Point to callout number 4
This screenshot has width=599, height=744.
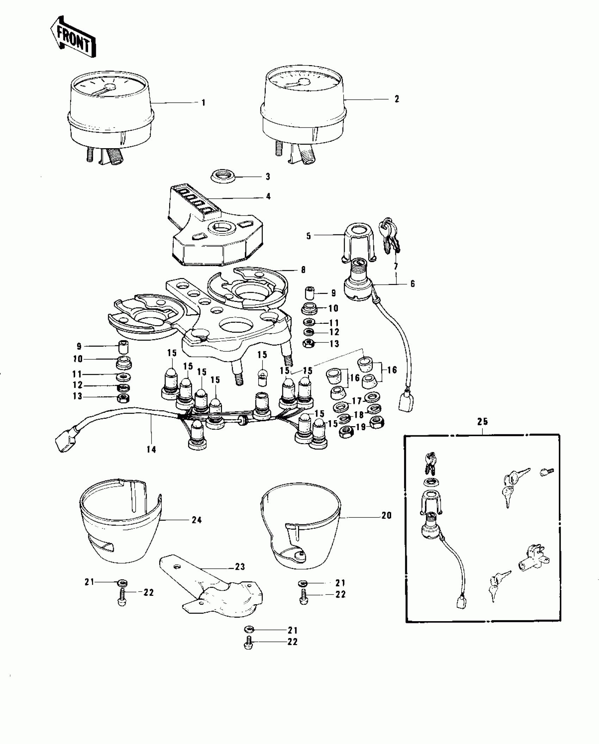point(268,196)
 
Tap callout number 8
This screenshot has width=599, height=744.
point(303,270)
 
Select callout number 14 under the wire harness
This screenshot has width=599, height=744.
point(152,449)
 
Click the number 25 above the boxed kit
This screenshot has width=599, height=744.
point(482,421)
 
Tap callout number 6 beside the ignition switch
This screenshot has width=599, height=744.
point(413,283)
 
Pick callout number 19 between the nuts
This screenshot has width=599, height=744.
point(361,427)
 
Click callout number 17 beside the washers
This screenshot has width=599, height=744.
point(357,401)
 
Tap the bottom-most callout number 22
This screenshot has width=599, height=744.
point(292,642)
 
